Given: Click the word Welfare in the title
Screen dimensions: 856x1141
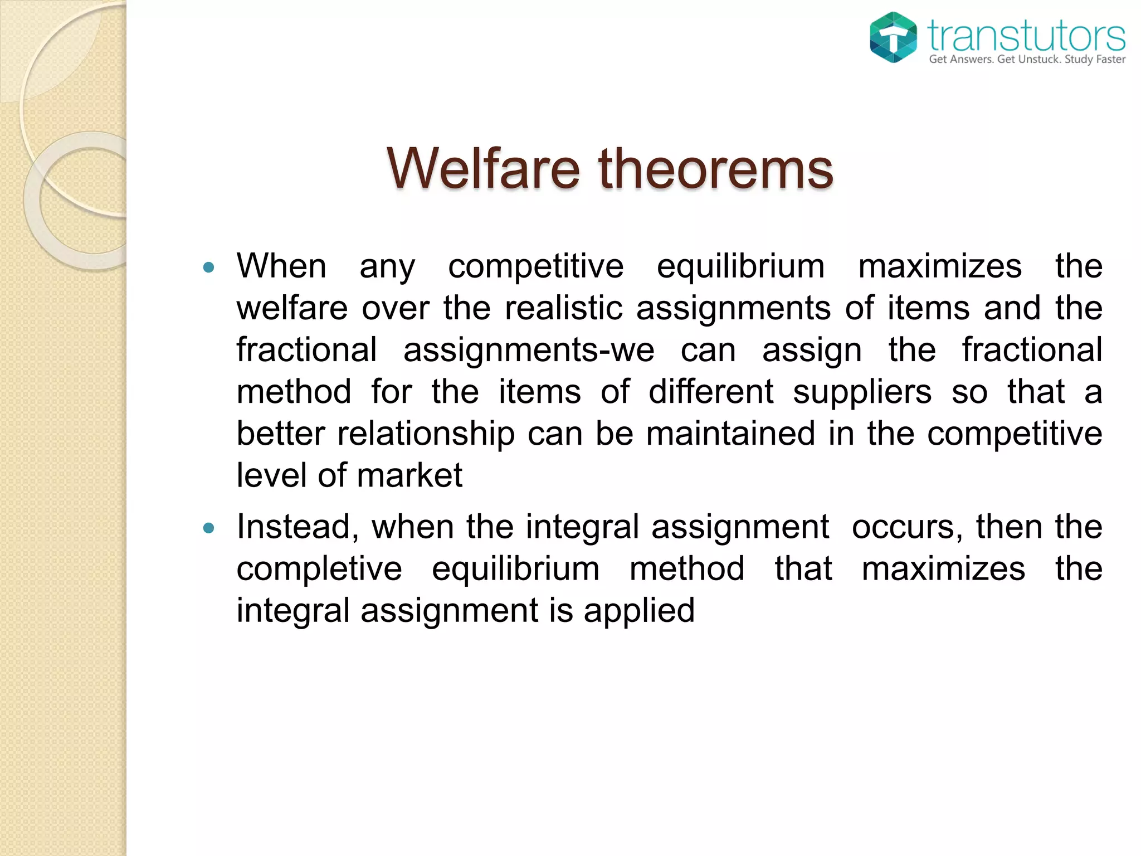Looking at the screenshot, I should tap(483, 168).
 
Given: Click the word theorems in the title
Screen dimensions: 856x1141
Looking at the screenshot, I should tap(715, 168).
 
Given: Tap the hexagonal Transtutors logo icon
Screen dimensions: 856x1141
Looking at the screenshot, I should tap(893, 37).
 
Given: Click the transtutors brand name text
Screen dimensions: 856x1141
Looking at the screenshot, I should tap(1026, 35).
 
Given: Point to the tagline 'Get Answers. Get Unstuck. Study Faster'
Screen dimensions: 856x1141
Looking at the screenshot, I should tap(1027, 59).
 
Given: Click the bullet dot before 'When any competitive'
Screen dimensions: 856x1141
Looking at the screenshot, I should tap(209, 267).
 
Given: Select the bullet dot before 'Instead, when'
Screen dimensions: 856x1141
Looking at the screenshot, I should tap(209, 528).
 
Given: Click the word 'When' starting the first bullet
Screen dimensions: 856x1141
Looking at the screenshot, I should tap(281, 266).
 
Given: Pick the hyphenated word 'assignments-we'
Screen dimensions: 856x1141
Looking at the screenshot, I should tap(529, 350).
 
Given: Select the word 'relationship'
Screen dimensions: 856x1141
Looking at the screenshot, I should tap(426, 434).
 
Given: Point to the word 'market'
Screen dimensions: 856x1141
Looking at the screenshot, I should tap(409, 475).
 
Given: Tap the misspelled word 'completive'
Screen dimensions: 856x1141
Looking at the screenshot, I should tap(319, 569).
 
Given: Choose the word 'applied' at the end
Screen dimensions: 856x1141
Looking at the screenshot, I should tap(639, 611).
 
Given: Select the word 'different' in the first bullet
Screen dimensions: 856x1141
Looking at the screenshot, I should tap(711, 392).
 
